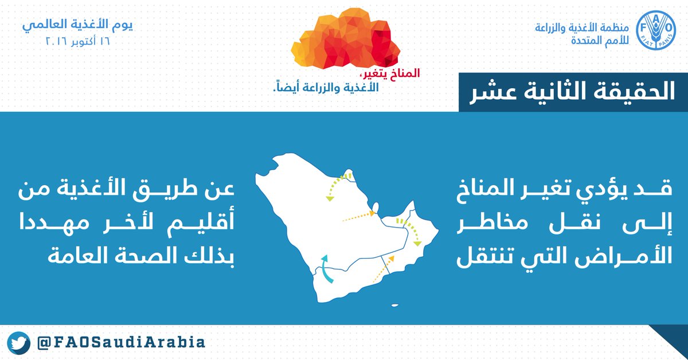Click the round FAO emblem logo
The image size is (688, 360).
point(656,30)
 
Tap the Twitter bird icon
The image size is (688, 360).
point(18,343)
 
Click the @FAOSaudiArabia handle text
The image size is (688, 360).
point(121,342)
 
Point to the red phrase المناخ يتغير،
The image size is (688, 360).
point(390,73)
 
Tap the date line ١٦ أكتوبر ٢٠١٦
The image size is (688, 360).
point(77,41)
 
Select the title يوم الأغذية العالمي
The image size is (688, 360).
point(77,25)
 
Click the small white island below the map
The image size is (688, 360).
point(395,306)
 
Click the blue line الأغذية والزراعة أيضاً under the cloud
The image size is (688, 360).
point(326,87)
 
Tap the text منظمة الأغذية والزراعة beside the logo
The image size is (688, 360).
point(582,28)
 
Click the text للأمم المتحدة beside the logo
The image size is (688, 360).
point(600,41)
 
